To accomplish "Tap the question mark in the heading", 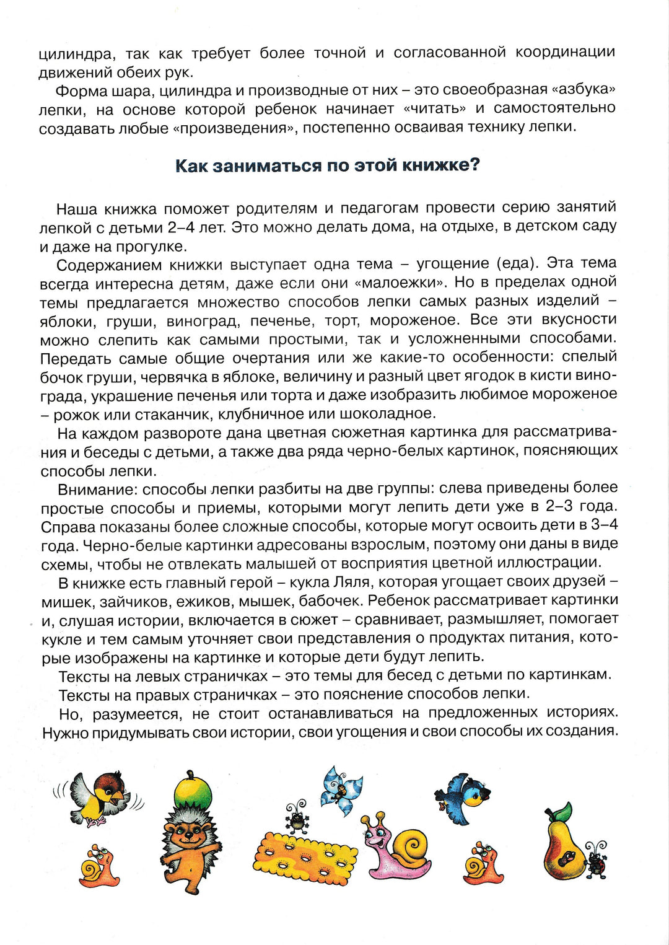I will click(x=474, y=165).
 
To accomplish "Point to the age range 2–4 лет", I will click(x=196, y=227).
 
